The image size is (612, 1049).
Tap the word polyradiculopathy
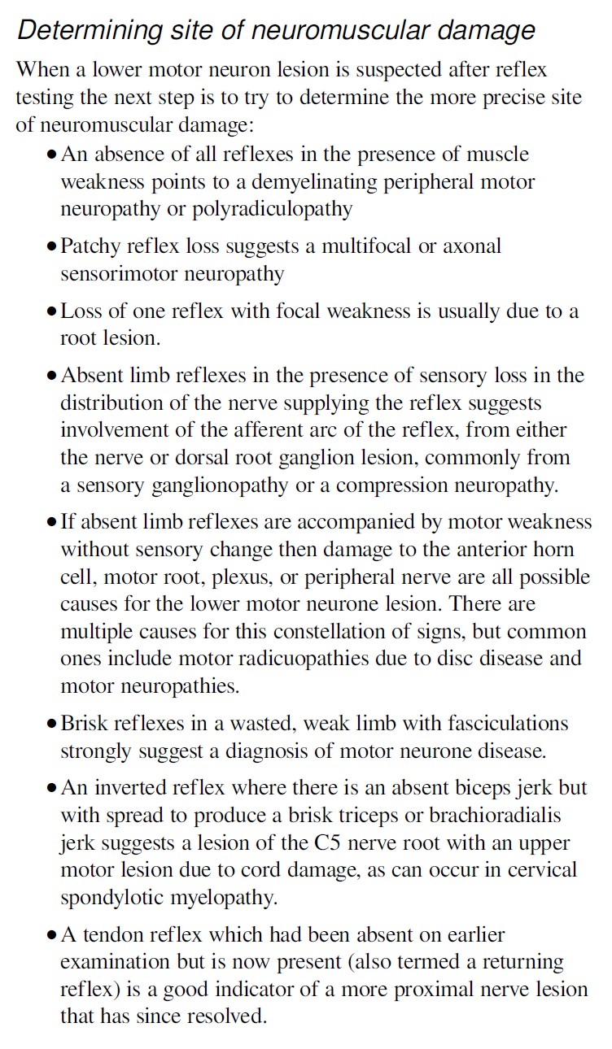coord(273,208)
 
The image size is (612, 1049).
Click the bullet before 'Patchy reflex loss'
coord(53,246)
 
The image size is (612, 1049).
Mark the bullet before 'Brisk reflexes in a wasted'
coord(53,724)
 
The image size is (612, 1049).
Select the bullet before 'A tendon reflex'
coord(53,936)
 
